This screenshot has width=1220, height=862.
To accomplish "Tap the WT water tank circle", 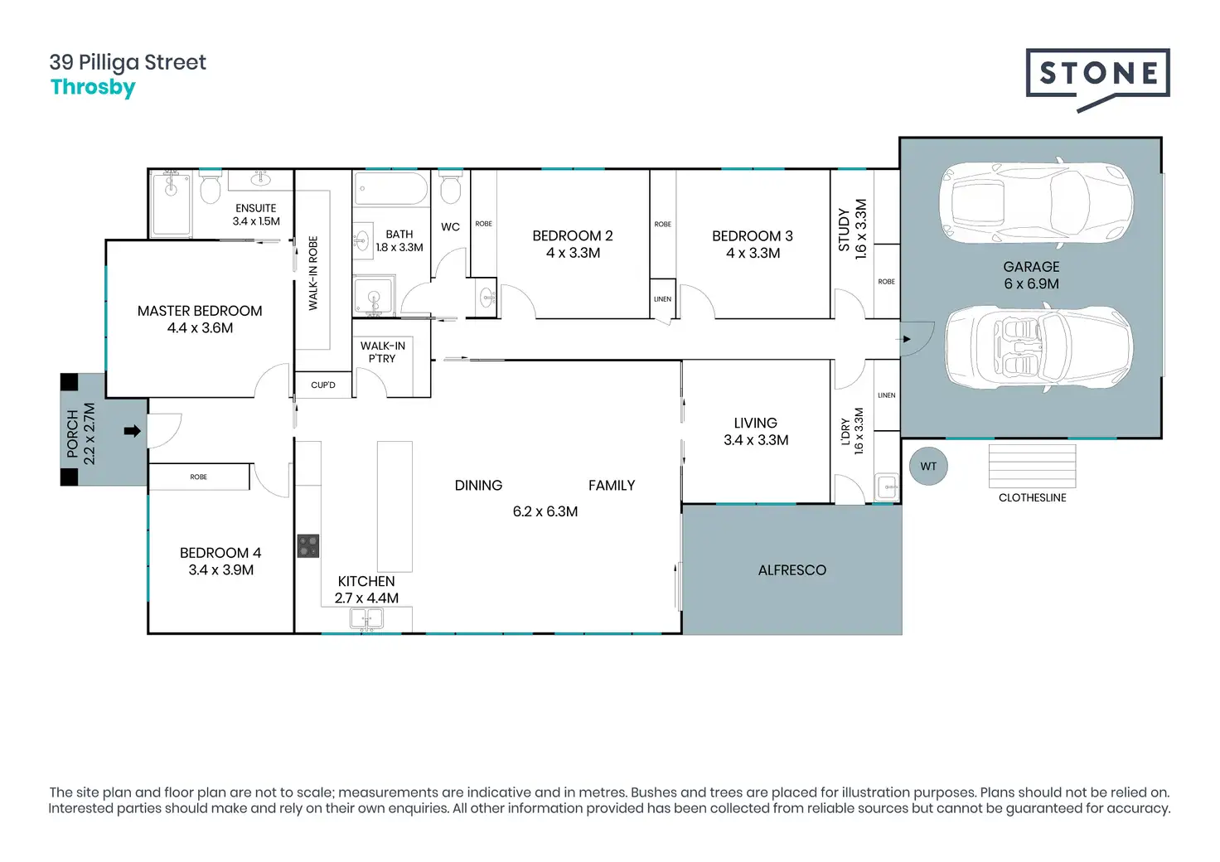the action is pyautogui.click(x=928, y=467).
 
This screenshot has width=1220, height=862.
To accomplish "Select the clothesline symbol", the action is pyautogui.click(x=1032, y=467).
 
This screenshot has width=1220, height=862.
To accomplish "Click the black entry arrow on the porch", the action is pyautogui.click(x=132, y=431).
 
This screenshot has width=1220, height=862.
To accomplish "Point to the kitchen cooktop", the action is pyautogui.click(x=308, y=546).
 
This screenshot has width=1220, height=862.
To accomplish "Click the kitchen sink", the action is pyautogui.click(x=366, y=618).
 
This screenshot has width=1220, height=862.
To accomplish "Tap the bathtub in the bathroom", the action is pyautogui.click(x=390, y=189).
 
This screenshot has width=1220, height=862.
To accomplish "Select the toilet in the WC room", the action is pyautogui.click(x=450, y=189).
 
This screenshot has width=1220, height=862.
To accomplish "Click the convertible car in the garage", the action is pyautogui.click(x=1038, y=348).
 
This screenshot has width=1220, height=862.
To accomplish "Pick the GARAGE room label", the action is pyautogui.click(x=1031, y=267).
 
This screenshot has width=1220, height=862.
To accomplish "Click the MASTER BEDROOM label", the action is pyautogui.click(x=200, y=311).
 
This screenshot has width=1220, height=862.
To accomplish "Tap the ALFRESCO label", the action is pyautogui.click(x=792, y=570).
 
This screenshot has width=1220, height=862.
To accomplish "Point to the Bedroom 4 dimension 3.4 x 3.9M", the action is pyautogui.click(x=220, y=570).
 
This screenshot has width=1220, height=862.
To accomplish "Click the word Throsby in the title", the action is pyautogui.click(x=93, y=87).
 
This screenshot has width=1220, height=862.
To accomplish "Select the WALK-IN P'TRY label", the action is pyautogui.click(x=382, y=352).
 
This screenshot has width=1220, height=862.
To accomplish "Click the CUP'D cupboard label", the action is pyautogui.click(x=323, y=385).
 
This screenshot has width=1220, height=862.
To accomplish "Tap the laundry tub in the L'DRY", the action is pyautogui.click(x=887, y=487).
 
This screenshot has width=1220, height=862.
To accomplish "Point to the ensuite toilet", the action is pyautogui.click(x=210, y=188).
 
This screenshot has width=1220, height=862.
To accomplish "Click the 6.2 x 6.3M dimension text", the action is pyautogui.click(x=545, y=511).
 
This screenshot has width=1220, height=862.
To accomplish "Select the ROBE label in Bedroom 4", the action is pyautogui.click(x=198, y=477).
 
